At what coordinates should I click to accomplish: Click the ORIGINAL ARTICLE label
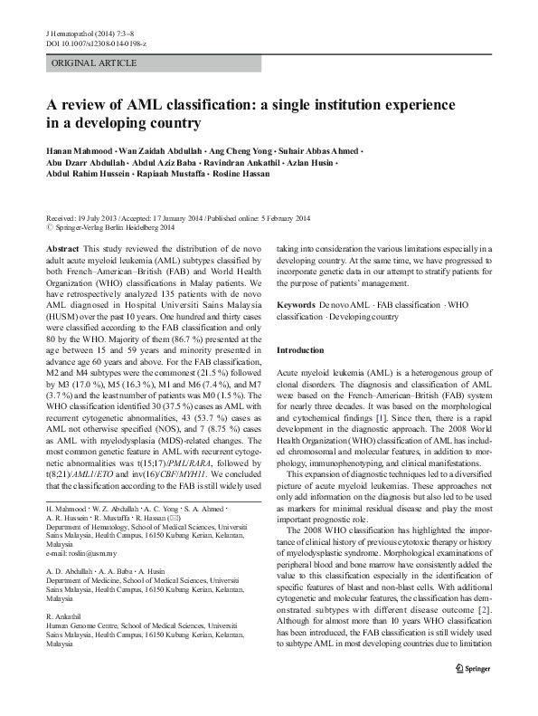[x=94, y=63]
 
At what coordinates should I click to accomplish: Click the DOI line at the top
[x=98, y=43]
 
